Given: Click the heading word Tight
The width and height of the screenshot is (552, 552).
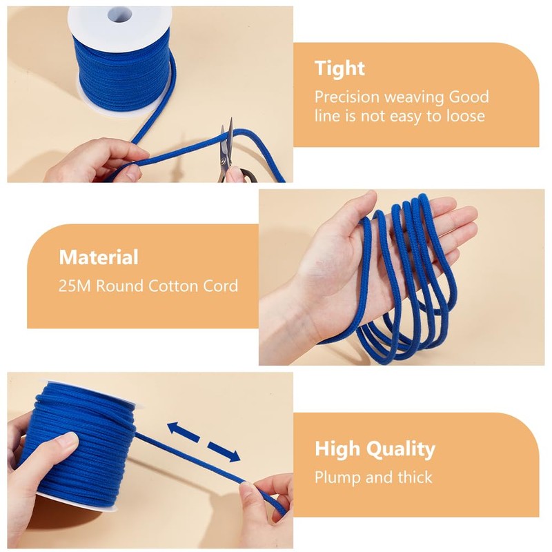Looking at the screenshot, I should pos(339,68).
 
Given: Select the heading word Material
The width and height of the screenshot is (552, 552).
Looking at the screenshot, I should pos(99,257).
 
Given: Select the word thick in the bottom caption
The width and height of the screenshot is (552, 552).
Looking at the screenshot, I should pos(414,477).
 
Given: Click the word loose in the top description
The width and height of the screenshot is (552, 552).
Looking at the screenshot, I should pos(465,116).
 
